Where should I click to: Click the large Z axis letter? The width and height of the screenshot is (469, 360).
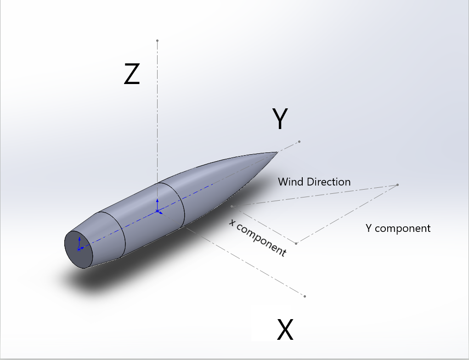pyautogui.click(x=132, y=74)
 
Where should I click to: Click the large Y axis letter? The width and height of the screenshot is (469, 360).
pyautogui.click(x=280, y=119)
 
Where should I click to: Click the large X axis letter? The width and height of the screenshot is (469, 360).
pyautogui.click(x=285, y=329)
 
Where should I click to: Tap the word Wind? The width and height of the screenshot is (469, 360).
pyautogui.click(x=291, y=182)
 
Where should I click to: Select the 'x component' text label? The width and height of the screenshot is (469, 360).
pyautogui.click(x=258, y=237)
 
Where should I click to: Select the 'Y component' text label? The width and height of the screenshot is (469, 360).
pyautogui.click(x=398, y=228)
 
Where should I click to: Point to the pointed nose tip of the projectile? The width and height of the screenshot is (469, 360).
pyautogui.click(x=277, y=152)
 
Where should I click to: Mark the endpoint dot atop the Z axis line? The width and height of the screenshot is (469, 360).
pyautogui.click(x=157, y=41)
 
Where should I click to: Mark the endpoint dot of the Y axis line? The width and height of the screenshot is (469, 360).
pyautogui.click(x=299, y=141)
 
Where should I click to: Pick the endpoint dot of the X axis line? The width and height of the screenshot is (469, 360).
pyautogui.click(x=305, y=296)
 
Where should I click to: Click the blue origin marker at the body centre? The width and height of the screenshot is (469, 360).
pyautogui.click(x=158, y=211)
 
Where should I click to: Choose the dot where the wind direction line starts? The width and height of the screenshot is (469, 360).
pyautogui.click(x=232, y=206)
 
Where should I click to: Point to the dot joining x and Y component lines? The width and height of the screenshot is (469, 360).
pyautogui.click(x=296, y=243)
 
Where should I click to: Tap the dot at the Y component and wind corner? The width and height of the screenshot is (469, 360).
pyautogui.click(x=397, y=185)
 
